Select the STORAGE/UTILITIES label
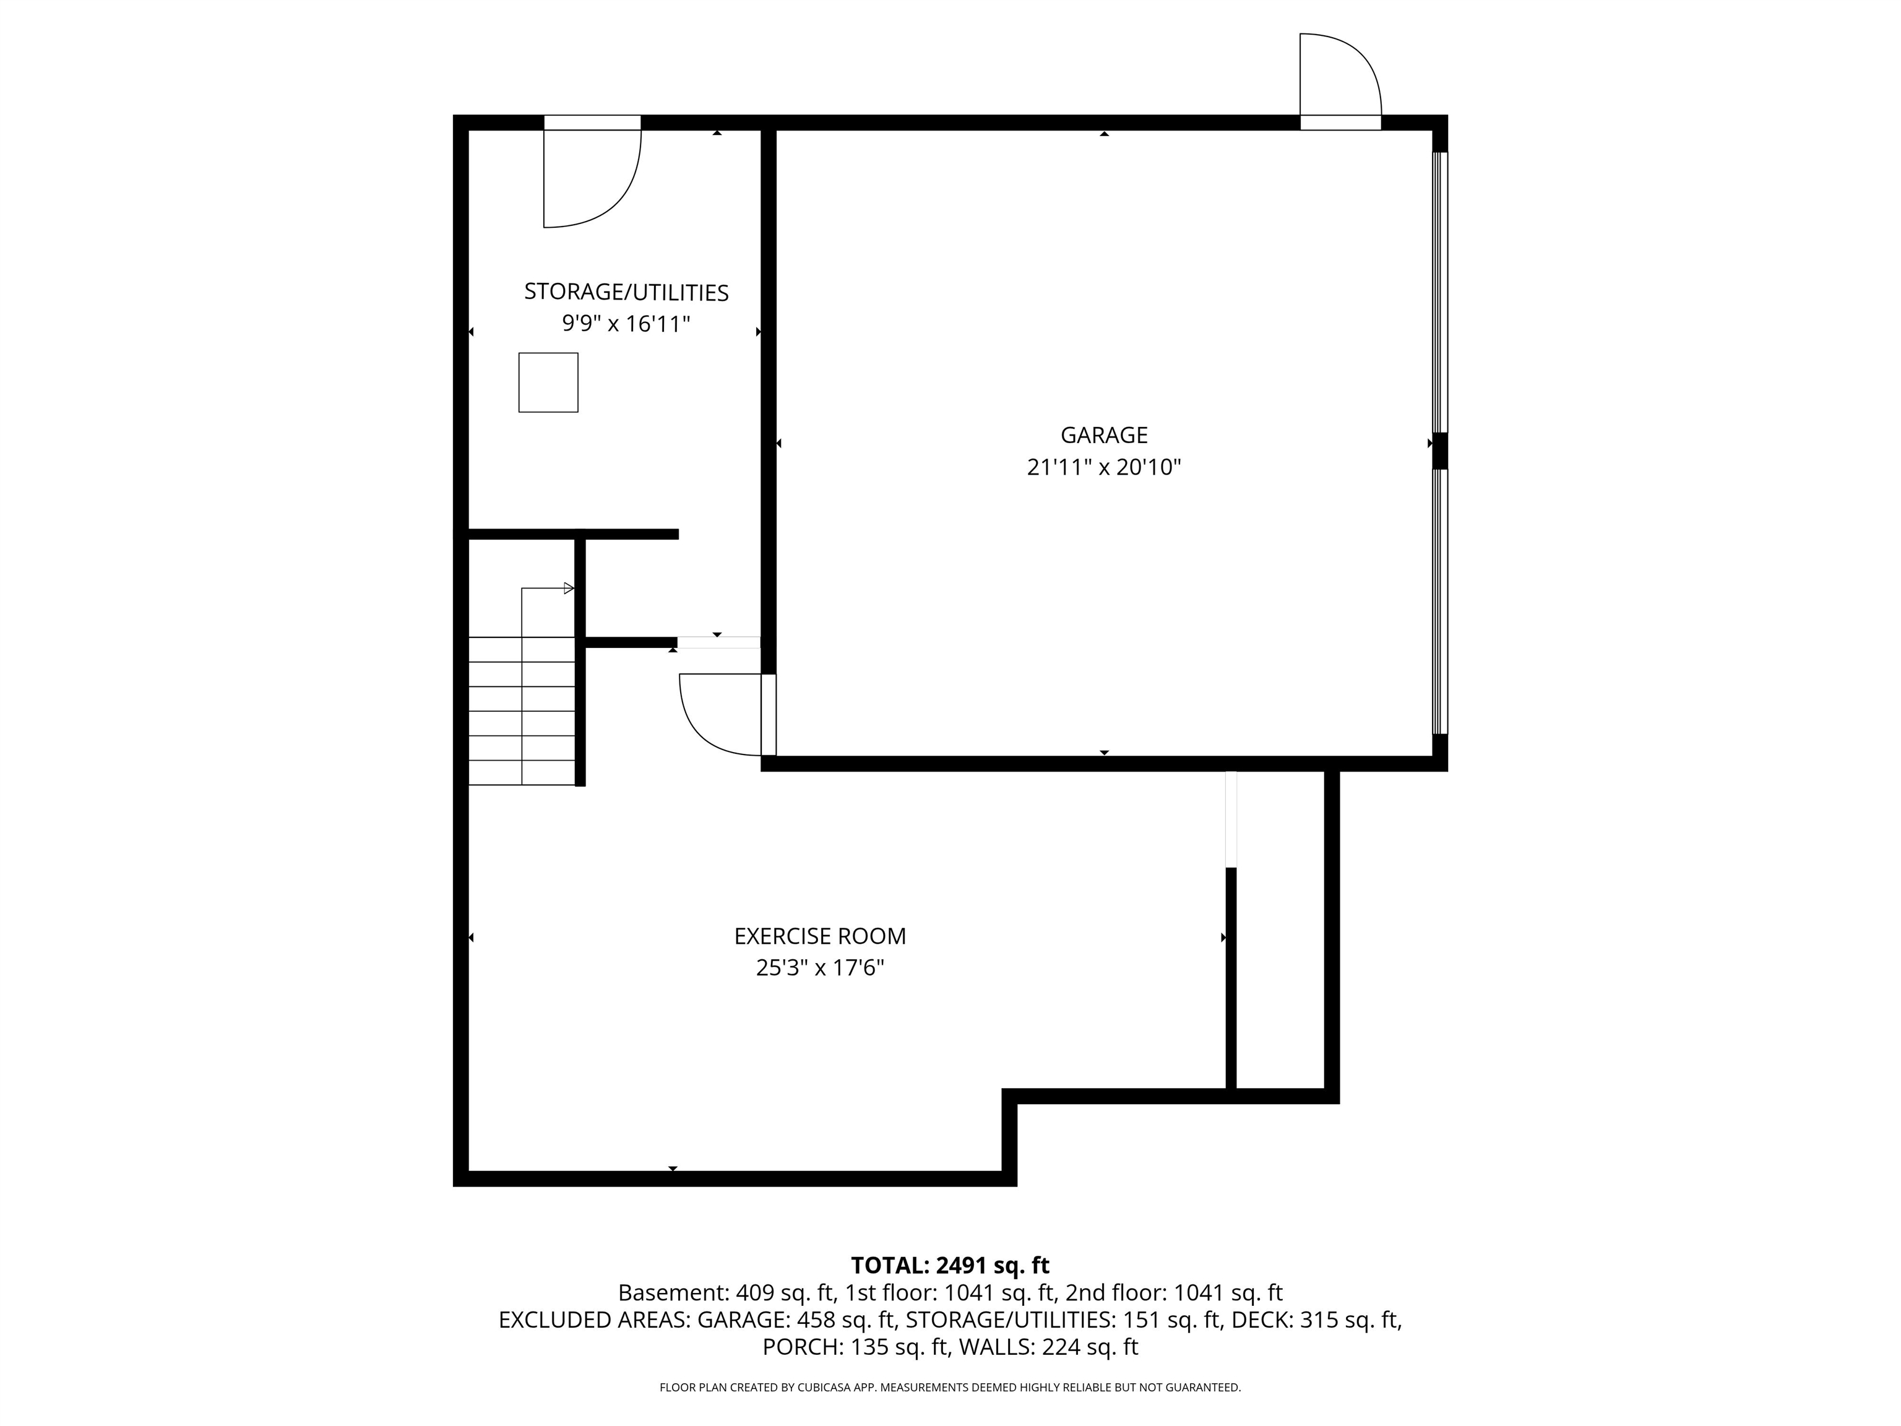(626, 292)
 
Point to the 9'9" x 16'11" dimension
(626, 324)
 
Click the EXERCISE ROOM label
(820, 936)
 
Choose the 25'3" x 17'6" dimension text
(820, 968)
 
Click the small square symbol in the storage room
(548, 382)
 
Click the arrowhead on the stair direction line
(568, 589)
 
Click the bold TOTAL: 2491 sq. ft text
(950, 1265)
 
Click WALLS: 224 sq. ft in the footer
(1048, 1347)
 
